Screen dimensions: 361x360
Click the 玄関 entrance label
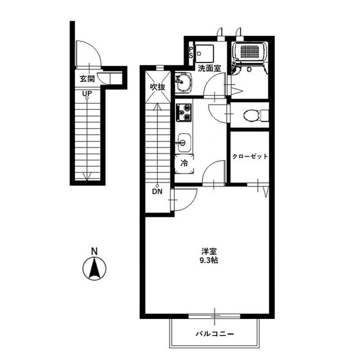(x=87, y=79)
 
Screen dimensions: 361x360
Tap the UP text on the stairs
(x=87, y=94)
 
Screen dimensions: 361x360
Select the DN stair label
(x=157, y=191)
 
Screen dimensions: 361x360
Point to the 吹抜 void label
(x=158, y=87)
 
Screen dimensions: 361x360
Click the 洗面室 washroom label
(x=209, y=68)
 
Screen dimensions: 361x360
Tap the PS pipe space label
(x=191, y=52)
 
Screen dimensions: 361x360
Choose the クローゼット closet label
(x=250, y=157)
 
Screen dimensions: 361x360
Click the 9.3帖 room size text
(x=209, y=260)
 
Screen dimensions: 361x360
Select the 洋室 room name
(x=209, y=251)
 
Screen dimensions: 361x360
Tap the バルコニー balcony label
(x=214, y=334)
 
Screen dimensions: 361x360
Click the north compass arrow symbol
(x=94, y=269)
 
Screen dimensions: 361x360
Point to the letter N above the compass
(x=94, y=251)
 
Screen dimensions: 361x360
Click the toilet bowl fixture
(x=252, y=115)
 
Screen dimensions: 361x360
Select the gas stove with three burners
(x=184, y=113)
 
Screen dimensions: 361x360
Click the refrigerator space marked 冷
(x=184, y=163)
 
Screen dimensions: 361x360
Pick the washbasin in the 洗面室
(x=183, y=83)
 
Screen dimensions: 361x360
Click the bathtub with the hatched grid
(x=250, y=51)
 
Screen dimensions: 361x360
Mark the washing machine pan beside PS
(x=204, y=54)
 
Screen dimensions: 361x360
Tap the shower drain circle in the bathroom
(x=249, y=69)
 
